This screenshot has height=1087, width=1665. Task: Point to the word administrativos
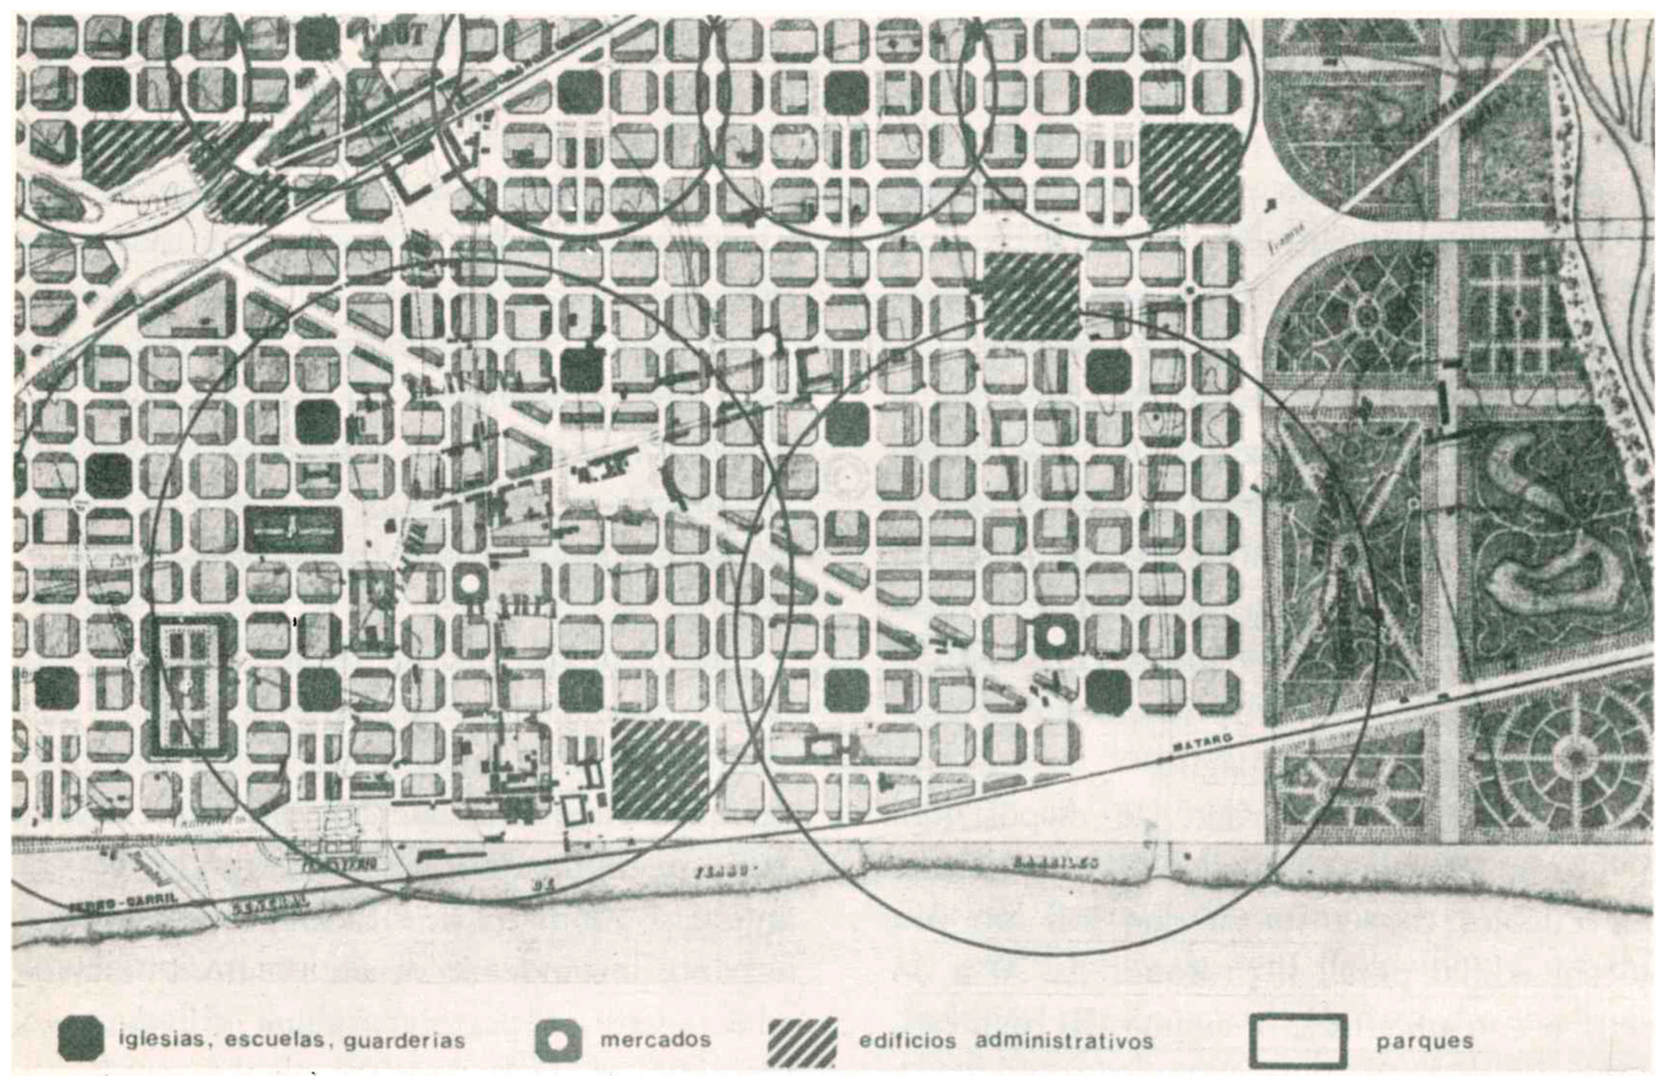pyautogui.click(x=1063, y=1040)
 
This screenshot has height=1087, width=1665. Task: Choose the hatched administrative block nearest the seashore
pyautogui.click(x=659, y=769)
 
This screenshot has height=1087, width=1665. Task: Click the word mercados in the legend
pyautogui.click(x=655, y=1040)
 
